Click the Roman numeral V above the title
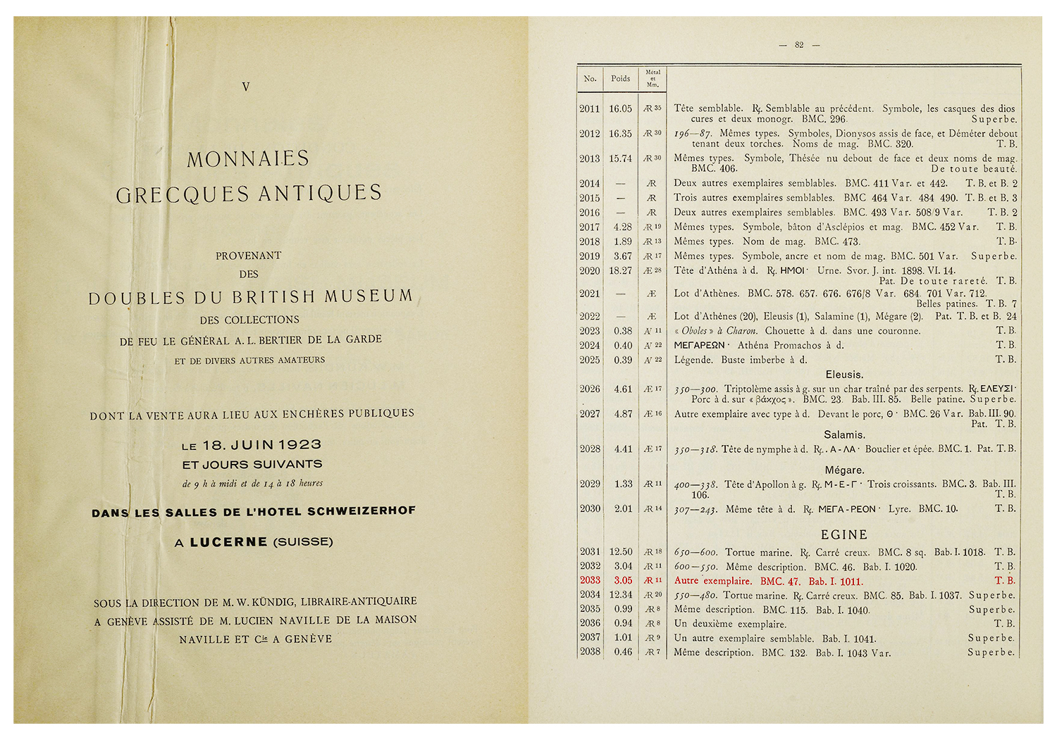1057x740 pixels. [x=245, y=87]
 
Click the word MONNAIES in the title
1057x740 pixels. [x=248, y=159]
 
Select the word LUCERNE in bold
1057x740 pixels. [x=228, y=542]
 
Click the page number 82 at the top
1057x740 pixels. [x=799, y=45]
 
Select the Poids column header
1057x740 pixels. [x=621, y=79]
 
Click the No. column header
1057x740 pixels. [x=590, y=79]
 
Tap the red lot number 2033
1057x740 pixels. [x=590, y=581]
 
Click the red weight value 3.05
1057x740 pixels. [x=623, y=581]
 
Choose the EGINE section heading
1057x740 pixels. [x=844, y=535]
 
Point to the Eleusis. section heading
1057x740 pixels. [x=844, y=375]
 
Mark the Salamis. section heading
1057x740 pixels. [x=844, y=435]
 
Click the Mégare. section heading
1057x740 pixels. [x=844, y=470]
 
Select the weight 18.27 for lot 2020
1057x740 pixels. [x=621, y=271]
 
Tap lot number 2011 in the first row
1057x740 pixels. [x=590, y=109]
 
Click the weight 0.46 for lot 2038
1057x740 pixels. [x=623, y=652]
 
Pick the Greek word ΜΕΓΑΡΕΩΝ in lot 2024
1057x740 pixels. [x=700, y=346]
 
